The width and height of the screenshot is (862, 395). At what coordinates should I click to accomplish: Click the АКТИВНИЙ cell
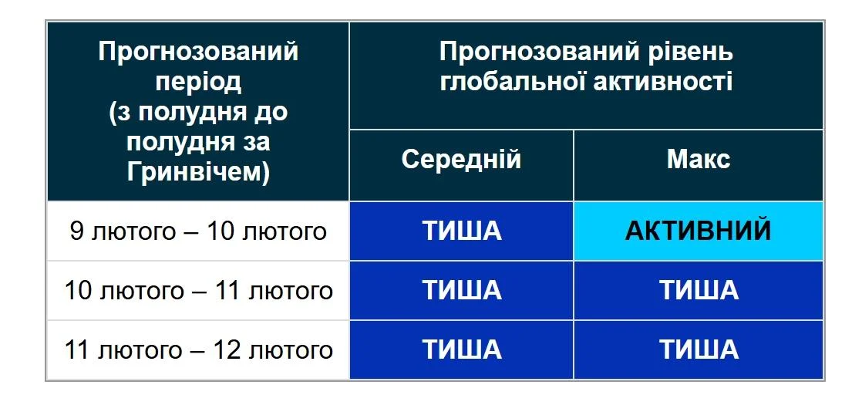[x=698, y=231]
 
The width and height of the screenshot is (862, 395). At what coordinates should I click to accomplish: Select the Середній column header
[x=461, y=160]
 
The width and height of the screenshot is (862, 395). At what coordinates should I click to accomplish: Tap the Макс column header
[x=698, y=160]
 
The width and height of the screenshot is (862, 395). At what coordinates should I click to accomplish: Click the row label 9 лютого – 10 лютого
[x=198, y=231]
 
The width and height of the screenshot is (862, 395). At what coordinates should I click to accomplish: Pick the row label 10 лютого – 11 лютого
[x=198, y=291]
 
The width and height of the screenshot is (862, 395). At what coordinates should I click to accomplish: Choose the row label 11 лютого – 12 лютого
[x=198, y=350]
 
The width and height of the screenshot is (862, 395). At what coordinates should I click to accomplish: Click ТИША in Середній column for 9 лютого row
[x=461, y=231]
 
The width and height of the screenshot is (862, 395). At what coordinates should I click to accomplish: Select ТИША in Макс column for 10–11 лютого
[x=698, y=291]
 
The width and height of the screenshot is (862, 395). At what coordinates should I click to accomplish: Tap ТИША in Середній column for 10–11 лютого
[x=461, y=291]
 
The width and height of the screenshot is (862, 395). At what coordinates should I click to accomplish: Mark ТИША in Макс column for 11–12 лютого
[x=698, y=350]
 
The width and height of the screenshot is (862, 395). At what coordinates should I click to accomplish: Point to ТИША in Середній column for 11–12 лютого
[x=461, y=350]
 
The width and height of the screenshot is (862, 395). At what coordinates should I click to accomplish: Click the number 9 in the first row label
[x=76, y=231]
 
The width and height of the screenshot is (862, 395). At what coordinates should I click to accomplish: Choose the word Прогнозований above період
[x=198, y=52]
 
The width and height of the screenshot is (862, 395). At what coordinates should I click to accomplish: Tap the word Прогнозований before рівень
[x=539, y=52]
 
